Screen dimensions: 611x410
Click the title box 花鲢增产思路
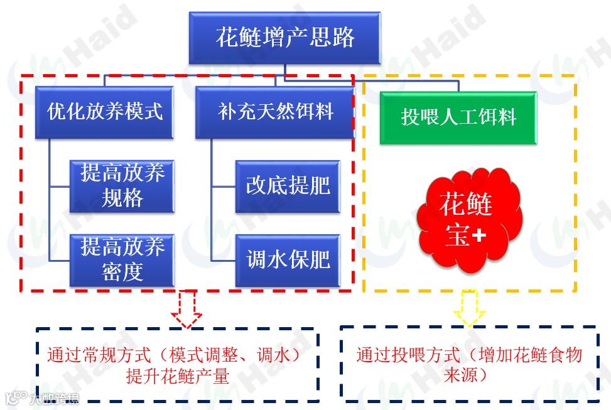point(285,37)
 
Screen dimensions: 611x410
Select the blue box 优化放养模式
point(105,112)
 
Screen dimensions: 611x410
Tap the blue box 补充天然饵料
point(275,112)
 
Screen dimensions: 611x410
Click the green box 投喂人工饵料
point(458,117)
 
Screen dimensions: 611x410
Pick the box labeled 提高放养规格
point(122,186)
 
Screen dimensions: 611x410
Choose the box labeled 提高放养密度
point(122,259)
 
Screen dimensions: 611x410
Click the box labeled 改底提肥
point(288,186)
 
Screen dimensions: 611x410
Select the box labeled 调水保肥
point(288,259)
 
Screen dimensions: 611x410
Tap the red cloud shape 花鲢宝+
point(468,220)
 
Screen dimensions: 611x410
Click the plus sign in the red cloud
point(479,235)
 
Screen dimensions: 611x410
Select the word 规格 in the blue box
point(122,198)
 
